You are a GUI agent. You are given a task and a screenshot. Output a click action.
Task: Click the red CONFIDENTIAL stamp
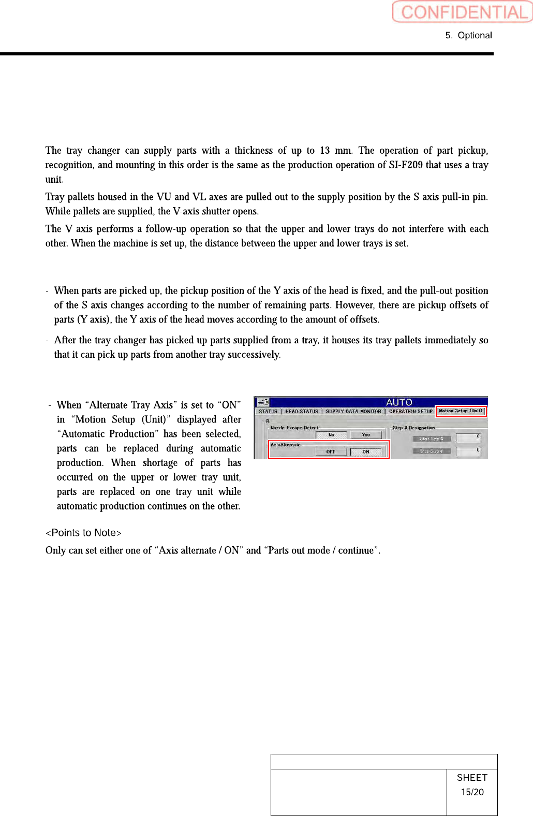pos(462,11)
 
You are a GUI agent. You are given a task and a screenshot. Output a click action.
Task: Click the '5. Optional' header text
pos(468,35)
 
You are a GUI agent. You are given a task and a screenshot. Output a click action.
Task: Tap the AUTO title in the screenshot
pos(399,402)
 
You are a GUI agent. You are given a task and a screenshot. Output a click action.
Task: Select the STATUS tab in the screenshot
pos(268,412)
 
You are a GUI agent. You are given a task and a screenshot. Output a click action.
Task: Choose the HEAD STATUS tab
pos(302,412)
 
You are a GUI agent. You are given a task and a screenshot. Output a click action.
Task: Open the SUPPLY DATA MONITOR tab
pos(353,412)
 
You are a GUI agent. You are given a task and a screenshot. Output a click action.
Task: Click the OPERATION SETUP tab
pos(410,412)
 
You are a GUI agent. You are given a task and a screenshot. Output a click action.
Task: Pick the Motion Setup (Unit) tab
pos(461,411)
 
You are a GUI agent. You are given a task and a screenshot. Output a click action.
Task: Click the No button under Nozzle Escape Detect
pos(331,435)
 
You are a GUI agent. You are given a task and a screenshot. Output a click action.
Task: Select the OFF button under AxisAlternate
pos(331,452)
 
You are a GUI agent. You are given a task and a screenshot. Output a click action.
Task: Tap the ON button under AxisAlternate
pos(366,452)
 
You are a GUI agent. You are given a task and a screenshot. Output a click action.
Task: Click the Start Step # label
pos(431,439)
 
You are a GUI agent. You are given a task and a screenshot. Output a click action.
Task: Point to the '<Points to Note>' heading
pos(83,533)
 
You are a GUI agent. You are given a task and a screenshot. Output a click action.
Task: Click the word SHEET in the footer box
pos(472,778)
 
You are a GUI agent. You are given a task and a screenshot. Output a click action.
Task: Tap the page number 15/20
pos(472,792)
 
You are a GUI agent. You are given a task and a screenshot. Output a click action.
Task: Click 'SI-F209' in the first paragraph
pos(406,165)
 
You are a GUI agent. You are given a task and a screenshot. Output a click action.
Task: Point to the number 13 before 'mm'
pos(324,151)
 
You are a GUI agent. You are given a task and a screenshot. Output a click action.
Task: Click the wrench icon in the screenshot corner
pos(263,402)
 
